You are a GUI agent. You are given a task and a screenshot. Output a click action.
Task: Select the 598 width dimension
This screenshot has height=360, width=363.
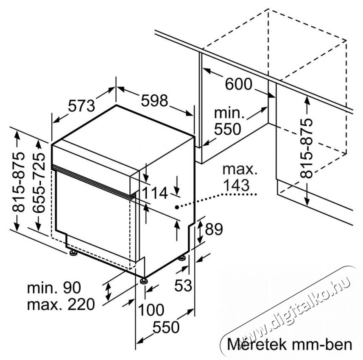pyautogui.click(x=154, y=101)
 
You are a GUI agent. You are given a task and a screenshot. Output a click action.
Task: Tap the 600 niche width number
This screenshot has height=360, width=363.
pyautogui.click(x=238, y=84)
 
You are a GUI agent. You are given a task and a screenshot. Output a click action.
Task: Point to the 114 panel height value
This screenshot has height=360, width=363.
pyautogui.click(x=155, y=193)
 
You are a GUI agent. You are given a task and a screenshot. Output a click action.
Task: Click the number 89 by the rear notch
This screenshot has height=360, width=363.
pyautogui.click(x=214, y=229)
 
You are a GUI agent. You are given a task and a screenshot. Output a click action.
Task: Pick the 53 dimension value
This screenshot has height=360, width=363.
pyautogui.click(x=183, y=285)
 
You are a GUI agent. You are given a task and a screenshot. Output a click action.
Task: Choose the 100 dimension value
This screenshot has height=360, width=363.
pyautogui.click(x=151, y=310)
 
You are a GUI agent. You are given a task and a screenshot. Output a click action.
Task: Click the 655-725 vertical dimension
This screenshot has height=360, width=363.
pyautogui.click(x=39, y=182)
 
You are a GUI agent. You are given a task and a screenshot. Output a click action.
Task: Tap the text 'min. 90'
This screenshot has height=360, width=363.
pyautogui.click(x=54, y=288)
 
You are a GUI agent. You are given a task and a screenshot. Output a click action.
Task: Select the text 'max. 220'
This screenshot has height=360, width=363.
pyautogui.click(x=61, y=304)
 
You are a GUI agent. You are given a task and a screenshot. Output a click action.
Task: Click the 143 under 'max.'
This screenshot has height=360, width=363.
pyautogui.click(x=236, y=185)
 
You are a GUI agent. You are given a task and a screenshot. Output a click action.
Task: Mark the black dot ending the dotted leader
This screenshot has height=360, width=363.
pyautogui.click(x=177, y=207)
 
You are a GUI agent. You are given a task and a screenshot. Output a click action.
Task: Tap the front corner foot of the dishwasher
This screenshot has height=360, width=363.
pyautogui.click(x=143, y=280)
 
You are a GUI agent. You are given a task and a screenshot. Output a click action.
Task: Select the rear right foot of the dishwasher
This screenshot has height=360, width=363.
pyautogui.click(x=182, y=258)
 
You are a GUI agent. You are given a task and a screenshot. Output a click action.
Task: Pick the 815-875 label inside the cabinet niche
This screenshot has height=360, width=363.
pyautogui.click(x=307, y=148)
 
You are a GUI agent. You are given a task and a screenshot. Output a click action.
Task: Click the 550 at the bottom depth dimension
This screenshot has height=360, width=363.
pyautogui.click(x=166, y=327)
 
